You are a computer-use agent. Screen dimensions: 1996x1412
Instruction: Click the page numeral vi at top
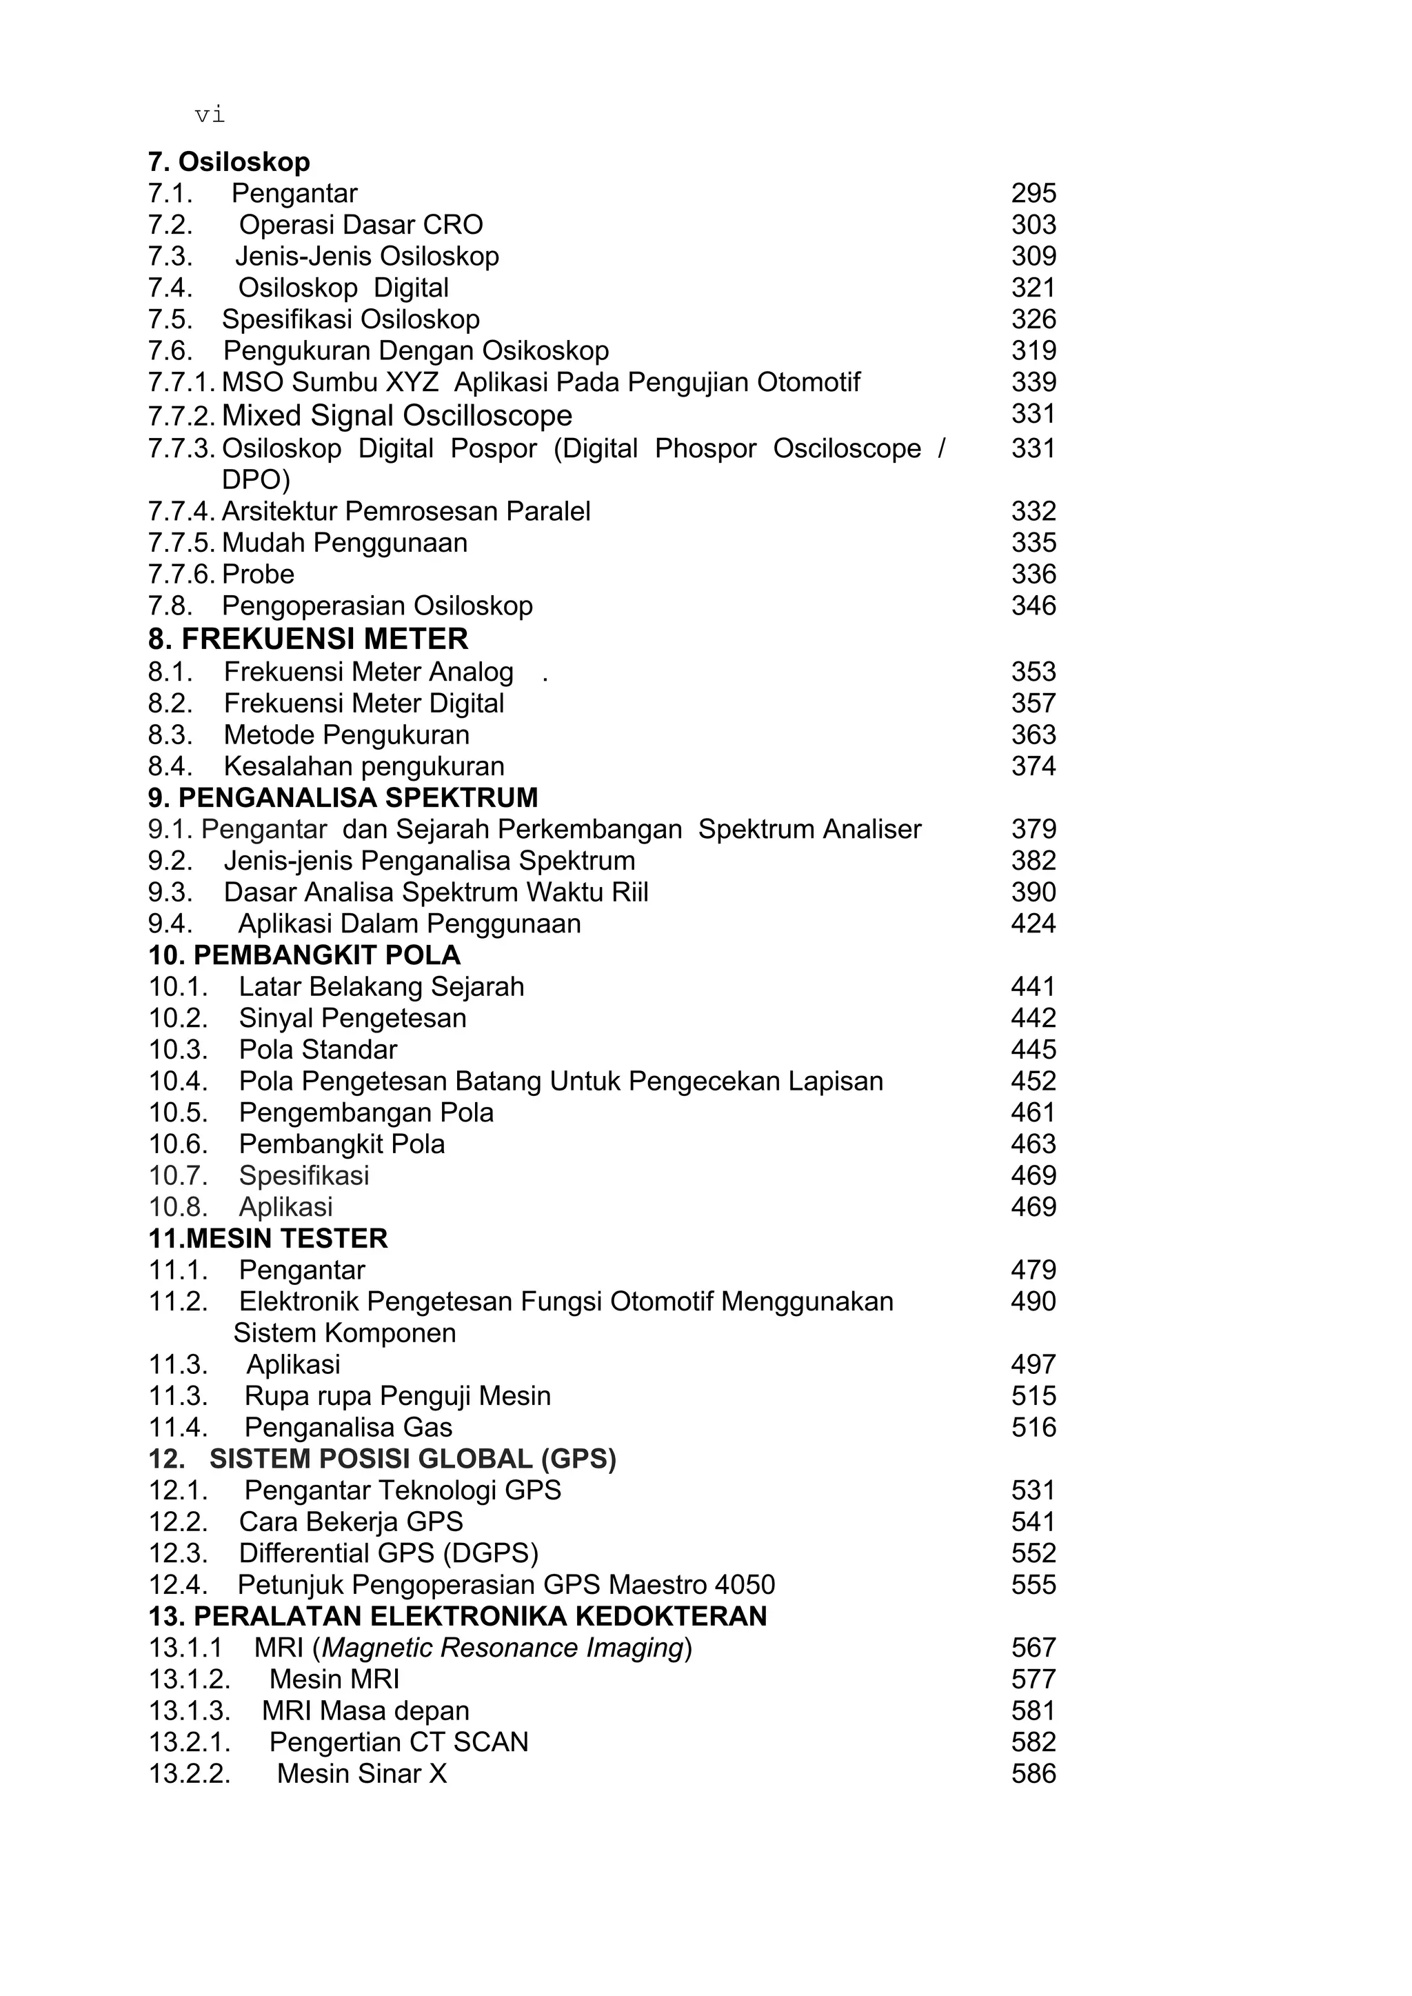pos(210,114)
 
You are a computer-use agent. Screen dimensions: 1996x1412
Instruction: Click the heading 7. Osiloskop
pos(229,162)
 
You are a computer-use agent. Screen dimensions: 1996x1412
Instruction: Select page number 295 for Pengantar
pos(1033,193)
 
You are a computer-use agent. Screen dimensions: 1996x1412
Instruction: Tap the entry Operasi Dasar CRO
pos(361,224)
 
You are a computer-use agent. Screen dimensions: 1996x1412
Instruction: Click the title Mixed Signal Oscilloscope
pos(396,416)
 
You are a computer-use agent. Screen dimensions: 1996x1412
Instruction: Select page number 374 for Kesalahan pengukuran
pos(1033,766)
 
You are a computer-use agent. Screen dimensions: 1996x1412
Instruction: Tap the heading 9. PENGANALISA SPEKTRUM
pos(343,797)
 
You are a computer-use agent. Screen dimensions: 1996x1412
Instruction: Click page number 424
pos(1033,924)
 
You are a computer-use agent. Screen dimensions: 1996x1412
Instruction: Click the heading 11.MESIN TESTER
pos(268,1239)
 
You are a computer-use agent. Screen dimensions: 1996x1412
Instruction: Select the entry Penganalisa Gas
pos(347,1427)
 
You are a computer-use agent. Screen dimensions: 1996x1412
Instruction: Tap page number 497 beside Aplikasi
pos(1033,1365)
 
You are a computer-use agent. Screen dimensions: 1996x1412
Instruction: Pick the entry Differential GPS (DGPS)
pos(389,1553)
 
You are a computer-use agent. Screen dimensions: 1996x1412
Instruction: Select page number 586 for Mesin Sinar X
pos(1033,1774)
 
